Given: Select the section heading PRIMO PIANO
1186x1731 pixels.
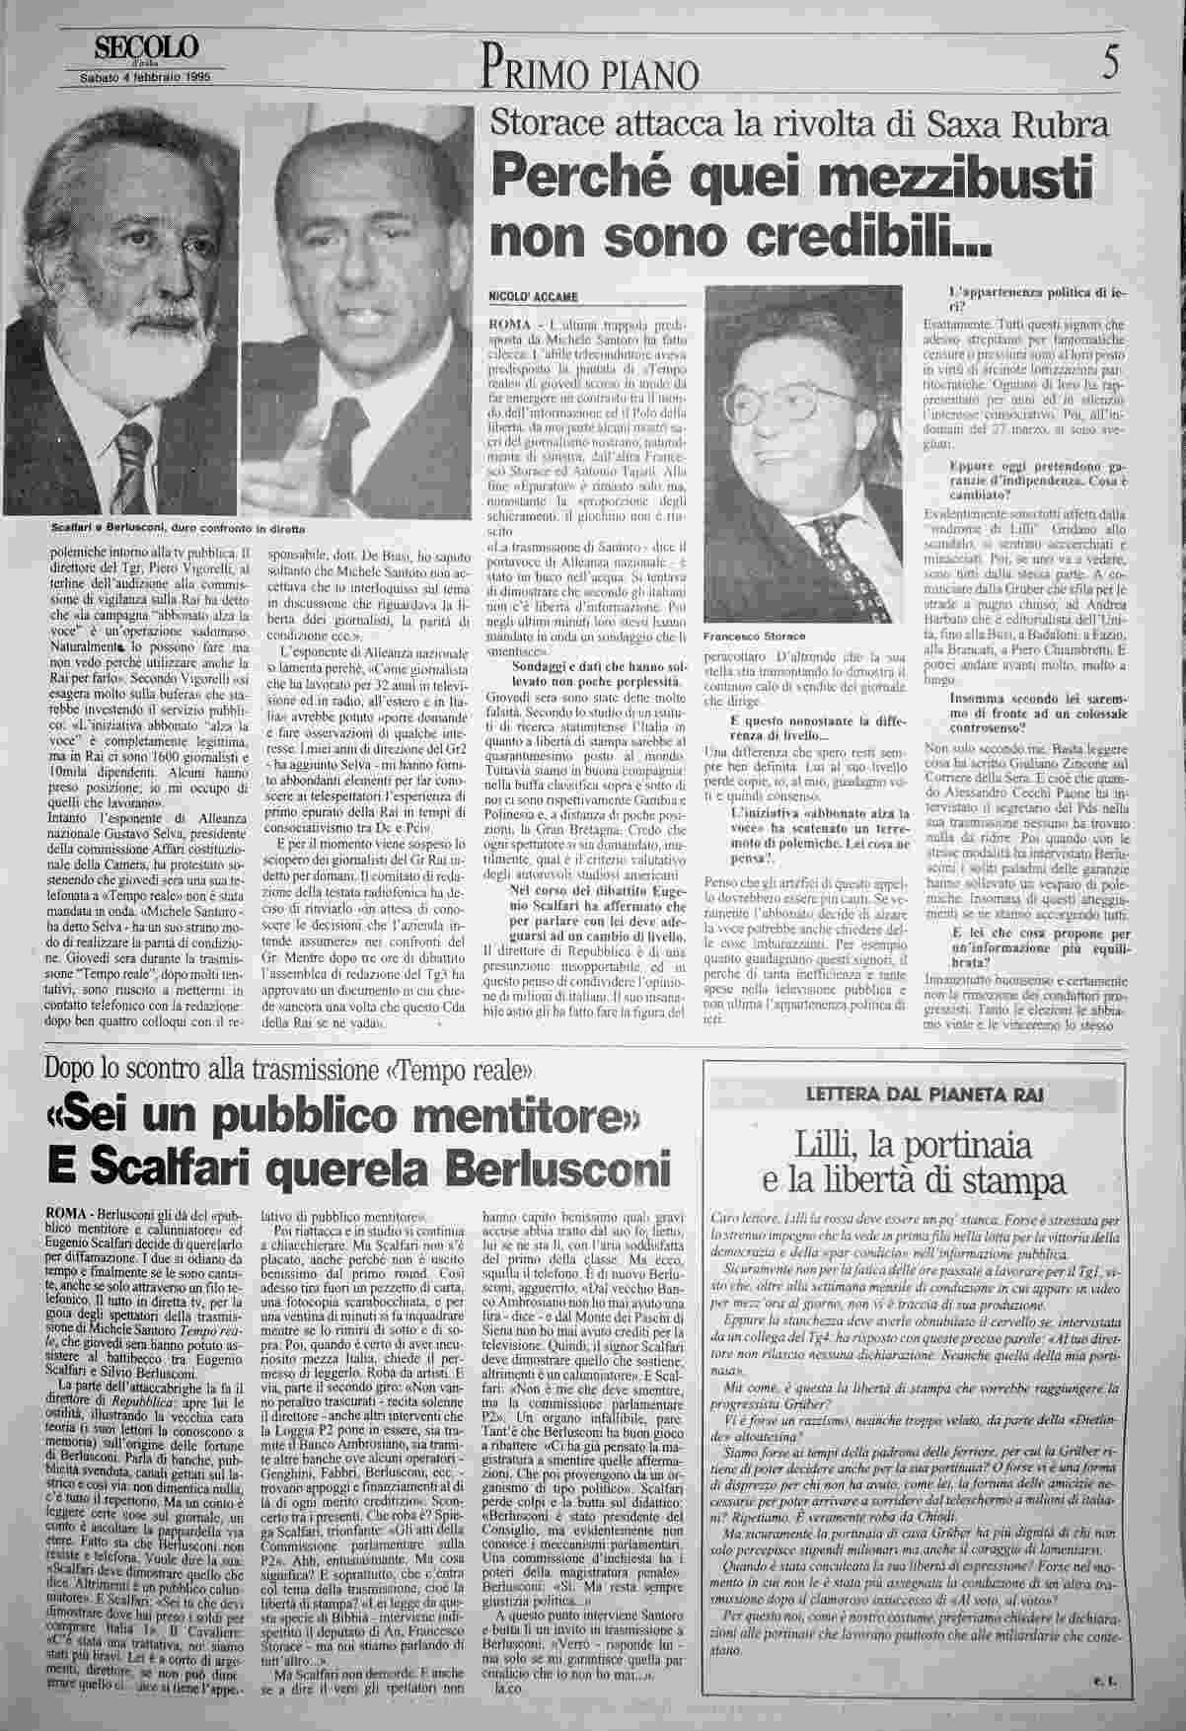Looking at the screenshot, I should coord(592,73).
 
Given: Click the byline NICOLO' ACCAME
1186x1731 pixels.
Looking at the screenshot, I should coord(532,297).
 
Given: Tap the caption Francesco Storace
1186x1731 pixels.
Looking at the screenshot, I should coord(751,636).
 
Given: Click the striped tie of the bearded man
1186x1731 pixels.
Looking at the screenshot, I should coord(131,464).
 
